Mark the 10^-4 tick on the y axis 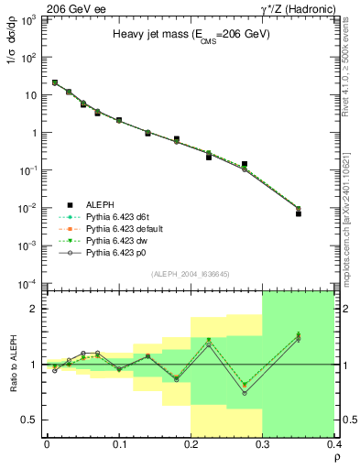[30, 284]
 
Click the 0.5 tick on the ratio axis [31, 420]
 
